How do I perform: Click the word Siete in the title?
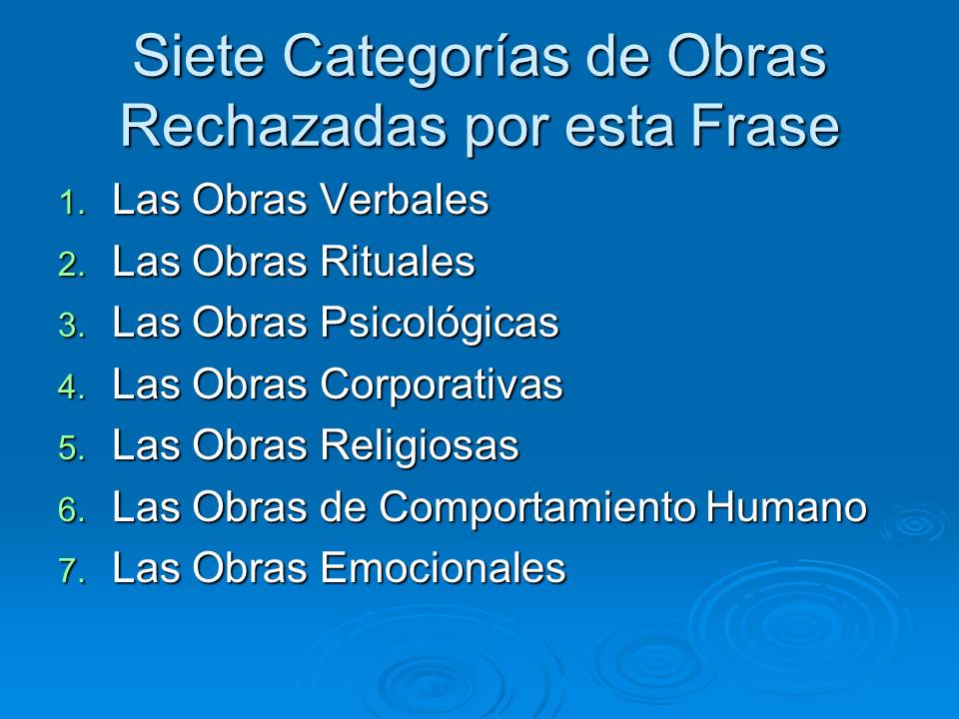(199, 56)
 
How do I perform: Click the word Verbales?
(405, 200)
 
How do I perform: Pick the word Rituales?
(398, 261)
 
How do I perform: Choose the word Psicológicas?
(440, 323)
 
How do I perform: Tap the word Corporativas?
(442, 385)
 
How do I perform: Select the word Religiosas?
(420, 445)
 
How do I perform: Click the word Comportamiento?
(537, 507)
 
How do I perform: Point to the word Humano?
(786, 507)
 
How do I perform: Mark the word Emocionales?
(444, 568)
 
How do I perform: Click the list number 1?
(72, 203)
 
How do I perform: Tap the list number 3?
(72, 326)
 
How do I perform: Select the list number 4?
(72, 387)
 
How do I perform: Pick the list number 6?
(72, 510)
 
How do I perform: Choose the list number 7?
(72, 571)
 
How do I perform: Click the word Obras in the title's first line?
(747, 56)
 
